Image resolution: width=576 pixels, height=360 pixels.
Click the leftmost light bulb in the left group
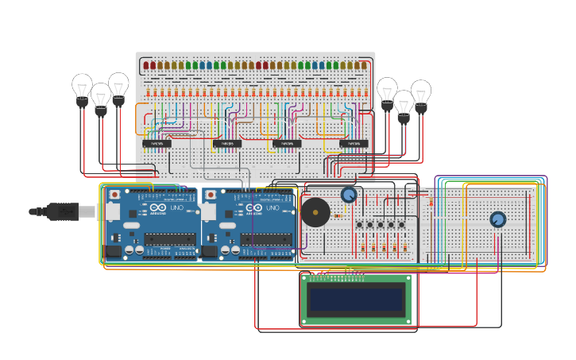pyautogui.click(x=82, y=88)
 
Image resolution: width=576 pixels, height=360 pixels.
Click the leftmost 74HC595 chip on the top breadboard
pyautogui.click(x=157, y=144)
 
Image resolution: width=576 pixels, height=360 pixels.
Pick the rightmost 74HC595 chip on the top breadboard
pyautogui.click(x=354, y=144)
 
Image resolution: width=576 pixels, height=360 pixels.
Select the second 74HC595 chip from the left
pyautogui.click(x=227, y=144)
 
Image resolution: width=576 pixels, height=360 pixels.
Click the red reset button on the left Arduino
pyautogui.click(x=115, y=195)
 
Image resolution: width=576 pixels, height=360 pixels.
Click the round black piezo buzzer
pyautogui.click(x=315, y=213)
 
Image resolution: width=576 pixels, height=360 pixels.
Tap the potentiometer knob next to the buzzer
pyautogui.click(x=349, y=195)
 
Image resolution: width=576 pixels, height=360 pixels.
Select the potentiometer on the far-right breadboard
pyautogui.click(x=498, y=219)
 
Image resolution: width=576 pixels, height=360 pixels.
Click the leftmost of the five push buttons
pyautogui.click(x=359, y=225)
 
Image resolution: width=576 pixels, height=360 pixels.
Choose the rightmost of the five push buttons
pyautogui.click(x=401, y=225)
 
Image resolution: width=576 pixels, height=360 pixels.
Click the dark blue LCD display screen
pyautogui.click(x=356, y=300)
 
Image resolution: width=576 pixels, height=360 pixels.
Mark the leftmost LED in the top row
pyautogui.click(x=145, y=65)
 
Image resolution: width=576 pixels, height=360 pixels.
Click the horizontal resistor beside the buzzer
pyautogui.click(x=338, y=215)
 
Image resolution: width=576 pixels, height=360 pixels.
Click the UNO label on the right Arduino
pyautogui.click(x=272, y=208)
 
